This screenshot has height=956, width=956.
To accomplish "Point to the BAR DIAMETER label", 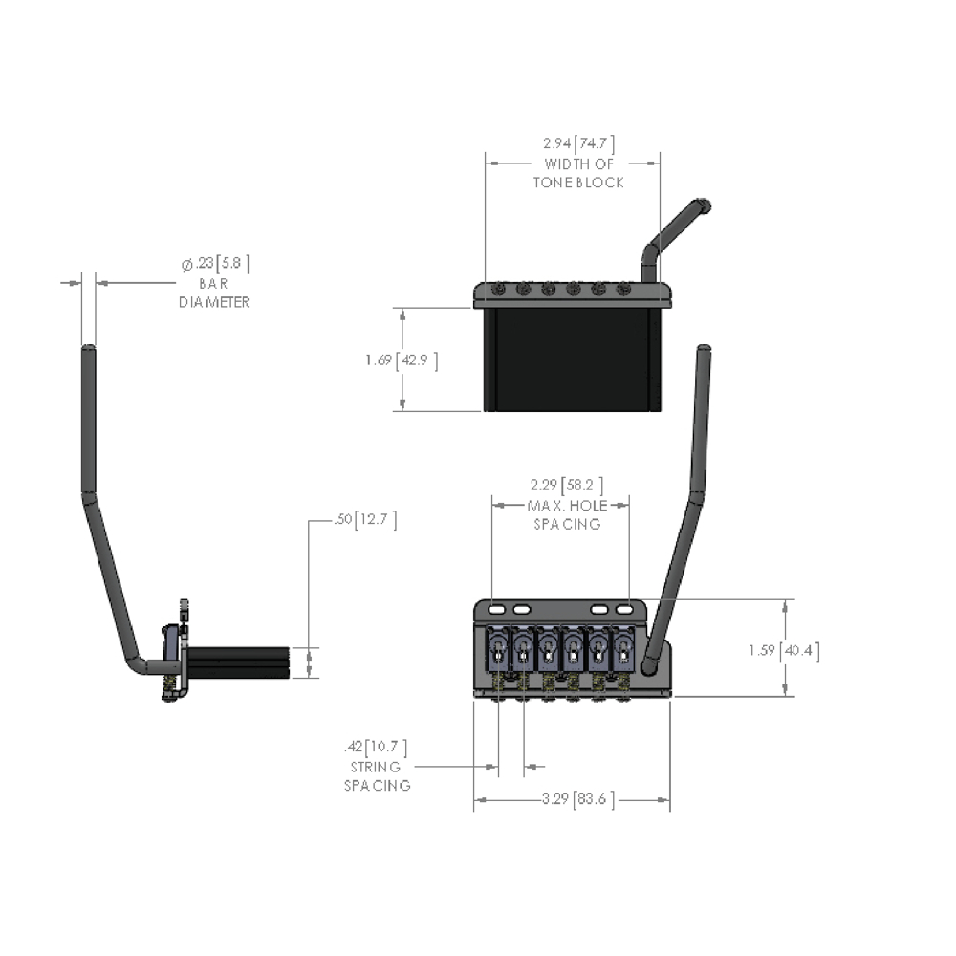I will tap(214, 293).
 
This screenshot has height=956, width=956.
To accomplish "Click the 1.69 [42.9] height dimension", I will tap(401, 360).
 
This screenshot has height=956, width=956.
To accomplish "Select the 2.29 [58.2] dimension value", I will tap(566, 485).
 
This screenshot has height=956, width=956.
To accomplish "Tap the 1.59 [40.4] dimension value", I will tap(784, 650).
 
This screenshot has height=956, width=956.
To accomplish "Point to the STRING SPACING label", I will tap(378, 776).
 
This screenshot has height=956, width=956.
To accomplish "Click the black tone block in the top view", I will tap(572, 359).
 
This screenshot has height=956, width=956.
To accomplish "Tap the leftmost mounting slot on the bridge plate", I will tap(497, 609).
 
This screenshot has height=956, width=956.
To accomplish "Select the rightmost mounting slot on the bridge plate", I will tap(624, 609).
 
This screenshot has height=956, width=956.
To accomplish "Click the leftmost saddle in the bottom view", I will tap(499, 649).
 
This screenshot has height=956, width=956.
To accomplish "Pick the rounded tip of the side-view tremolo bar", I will tap(88, 350).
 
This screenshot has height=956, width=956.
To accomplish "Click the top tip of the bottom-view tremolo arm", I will tap(706, 350).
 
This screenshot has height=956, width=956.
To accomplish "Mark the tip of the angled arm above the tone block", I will tap(706, 204).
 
